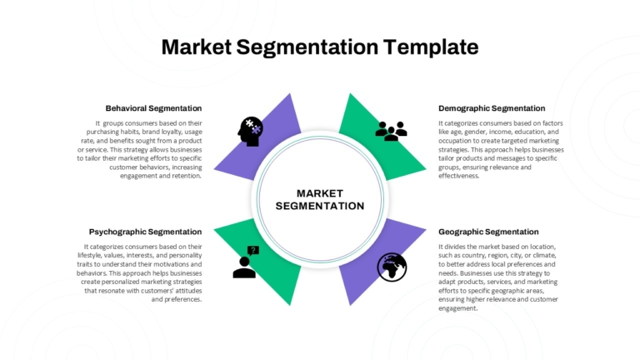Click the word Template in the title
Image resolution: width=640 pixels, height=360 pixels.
(431, 47)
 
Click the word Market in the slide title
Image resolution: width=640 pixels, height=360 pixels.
(197, 47)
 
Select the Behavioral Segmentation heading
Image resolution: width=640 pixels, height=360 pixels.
(153, 108)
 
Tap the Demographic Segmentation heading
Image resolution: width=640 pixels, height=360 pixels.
(492, 108)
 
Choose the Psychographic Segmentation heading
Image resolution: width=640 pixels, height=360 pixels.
(145, 232)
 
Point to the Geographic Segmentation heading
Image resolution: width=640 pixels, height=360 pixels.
(488, 232)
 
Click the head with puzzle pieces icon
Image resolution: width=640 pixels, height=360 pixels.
(250, 132)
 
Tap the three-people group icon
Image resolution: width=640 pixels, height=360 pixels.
(391, 131)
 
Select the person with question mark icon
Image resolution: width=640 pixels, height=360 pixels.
(246, 262)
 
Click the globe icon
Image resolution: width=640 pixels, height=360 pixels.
(392, 267)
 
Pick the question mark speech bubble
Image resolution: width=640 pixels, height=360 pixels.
(253, 250)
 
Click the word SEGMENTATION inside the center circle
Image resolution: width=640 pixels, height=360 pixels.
(320, 206)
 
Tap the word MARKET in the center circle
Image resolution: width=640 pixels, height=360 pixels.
(320, 193)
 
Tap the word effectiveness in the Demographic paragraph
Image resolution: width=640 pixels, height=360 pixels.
(459, 176)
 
